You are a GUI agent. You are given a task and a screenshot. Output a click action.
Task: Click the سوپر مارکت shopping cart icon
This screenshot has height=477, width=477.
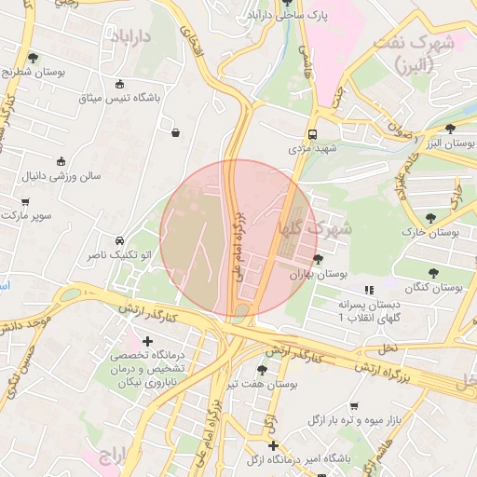coord(25,201)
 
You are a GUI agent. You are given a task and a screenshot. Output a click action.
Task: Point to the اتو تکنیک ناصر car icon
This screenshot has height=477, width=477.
coord(119,239)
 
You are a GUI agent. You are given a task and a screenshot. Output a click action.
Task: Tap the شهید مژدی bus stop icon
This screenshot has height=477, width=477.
coord(312,133)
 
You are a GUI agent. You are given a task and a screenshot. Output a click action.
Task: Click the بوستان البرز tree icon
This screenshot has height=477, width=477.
coord(451,129)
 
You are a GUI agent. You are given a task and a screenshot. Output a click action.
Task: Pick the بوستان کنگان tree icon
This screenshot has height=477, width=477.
coord(433,273)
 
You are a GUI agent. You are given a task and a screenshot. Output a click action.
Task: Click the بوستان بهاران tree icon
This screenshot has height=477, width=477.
coord(319,259)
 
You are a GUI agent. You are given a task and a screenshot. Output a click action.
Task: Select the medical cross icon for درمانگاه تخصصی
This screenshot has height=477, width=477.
coord(147,341)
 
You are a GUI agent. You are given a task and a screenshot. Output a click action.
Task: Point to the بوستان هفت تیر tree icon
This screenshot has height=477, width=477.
coord(262,369)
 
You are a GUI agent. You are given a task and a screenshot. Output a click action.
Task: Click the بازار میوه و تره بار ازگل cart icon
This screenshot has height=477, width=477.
coord(354,406)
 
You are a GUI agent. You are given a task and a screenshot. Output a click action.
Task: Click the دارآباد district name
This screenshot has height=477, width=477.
coord(131,36)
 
